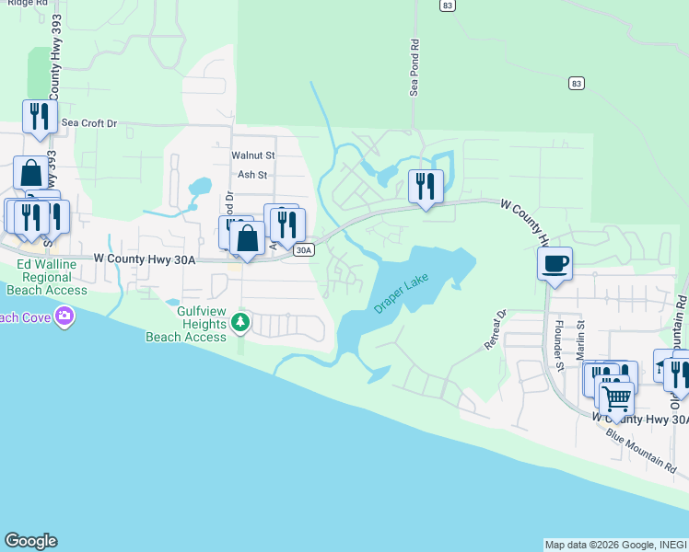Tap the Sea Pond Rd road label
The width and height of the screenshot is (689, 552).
pos(415,67)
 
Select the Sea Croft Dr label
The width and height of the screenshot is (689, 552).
pos(89,122)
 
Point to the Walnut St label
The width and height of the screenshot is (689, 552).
pos(253,156)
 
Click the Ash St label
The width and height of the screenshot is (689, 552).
pos(252,175)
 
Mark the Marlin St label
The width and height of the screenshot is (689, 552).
pos(581,338)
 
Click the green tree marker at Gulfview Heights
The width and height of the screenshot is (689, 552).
pos(240,321)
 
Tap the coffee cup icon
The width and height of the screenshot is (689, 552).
pos(555,263)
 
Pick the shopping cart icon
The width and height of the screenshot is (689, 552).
pos(616,397)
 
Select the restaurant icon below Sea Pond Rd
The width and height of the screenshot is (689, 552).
pos(426,185)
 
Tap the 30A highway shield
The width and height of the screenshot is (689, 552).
pos(304,249)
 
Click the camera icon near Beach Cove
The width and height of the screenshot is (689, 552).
pos(64,317)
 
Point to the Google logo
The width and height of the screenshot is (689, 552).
pos(30,541)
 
